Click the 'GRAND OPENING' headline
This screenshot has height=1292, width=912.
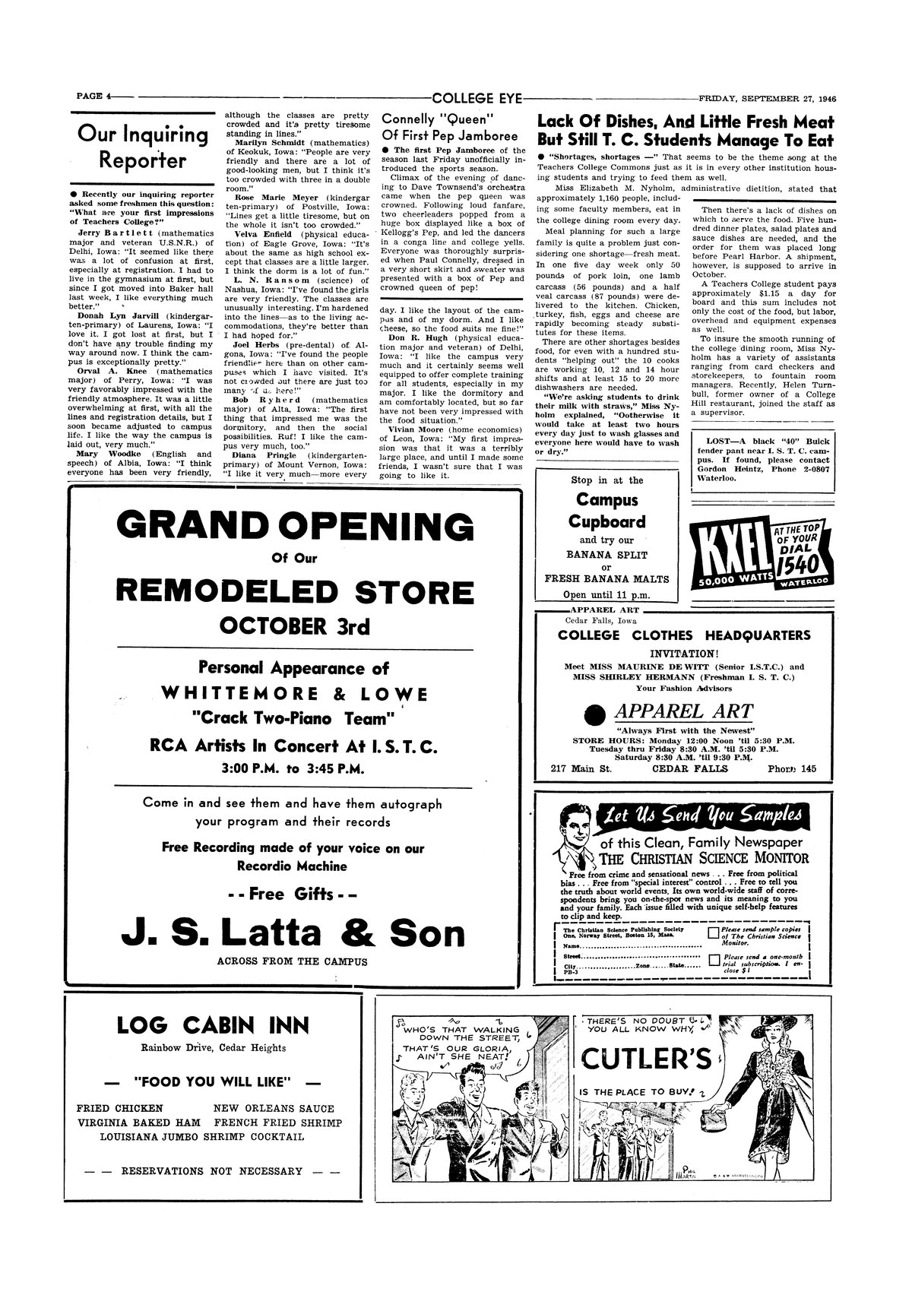[x=294, y=526]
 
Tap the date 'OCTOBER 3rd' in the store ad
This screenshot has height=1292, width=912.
[x=294, y=625]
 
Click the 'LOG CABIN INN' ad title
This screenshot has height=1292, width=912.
[x=214, y=1025]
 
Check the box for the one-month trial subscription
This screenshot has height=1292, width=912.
[x=713, y=961]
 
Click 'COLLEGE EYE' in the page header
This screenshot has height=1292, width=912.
[x=477, y=97]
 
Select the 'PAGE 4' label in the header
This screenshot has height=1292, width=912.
[x=93, y=97]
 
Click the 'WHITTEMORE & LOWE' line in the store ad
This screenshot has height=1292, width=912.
[x=294, y=694]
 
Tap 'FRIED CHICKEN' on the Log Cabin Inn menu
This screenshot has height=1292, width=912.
[x=121, y=1107]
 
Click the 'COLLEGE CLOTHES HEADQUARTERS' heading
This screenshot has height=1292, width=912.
[x=684, y=635]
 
